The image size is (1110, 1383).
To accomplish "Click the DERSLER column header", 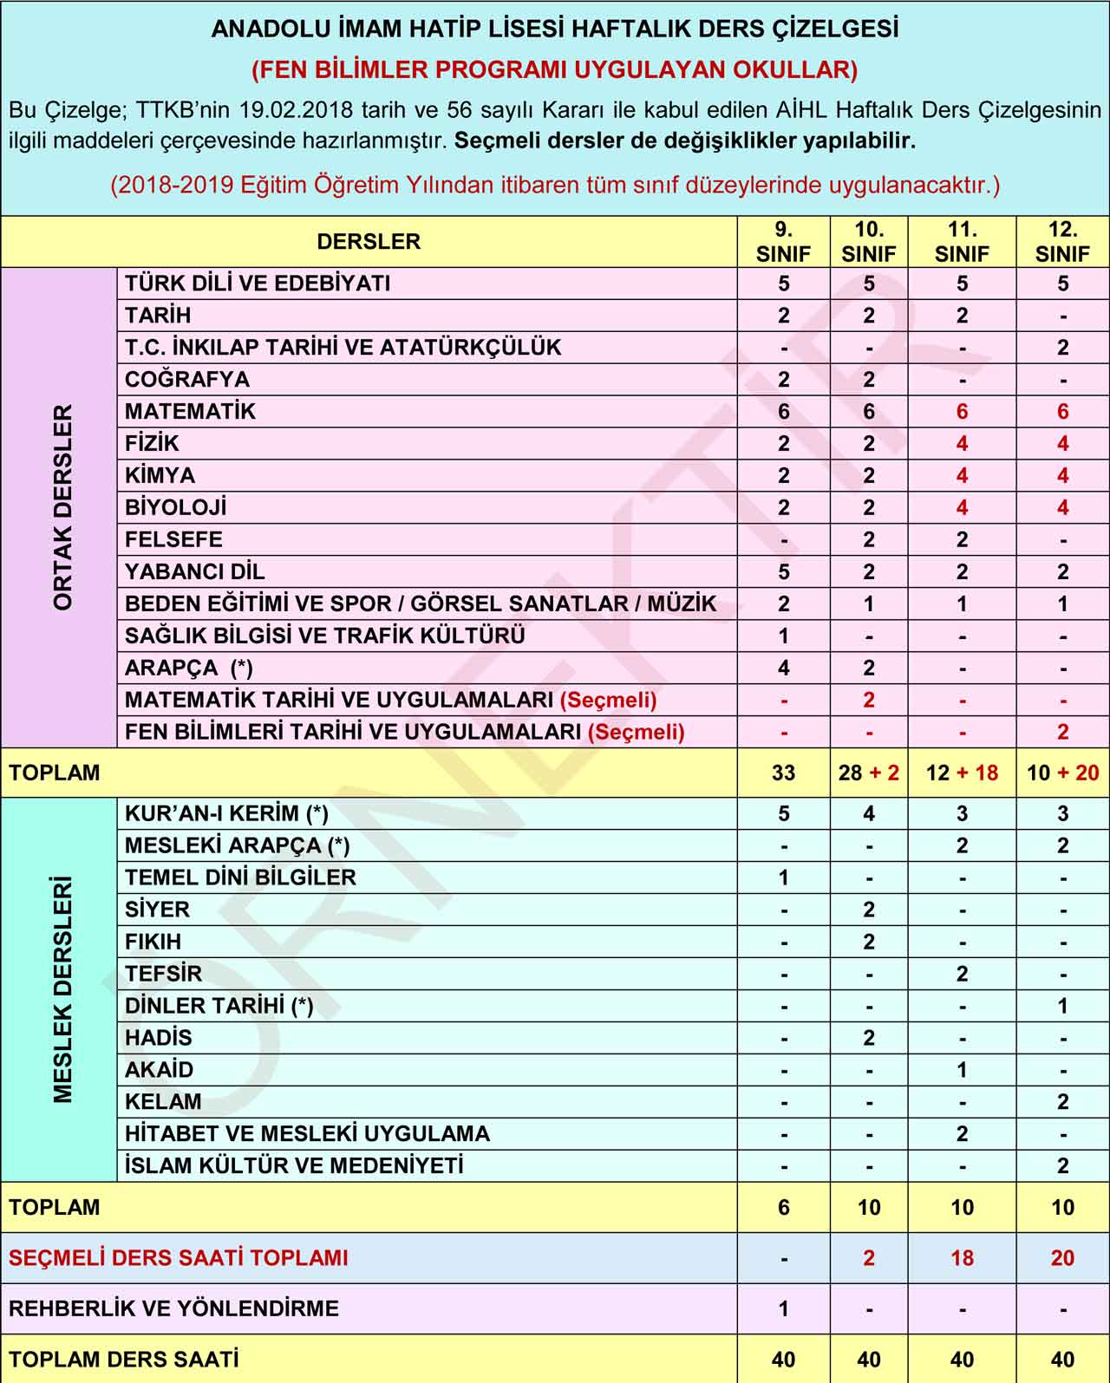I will coord(369,242).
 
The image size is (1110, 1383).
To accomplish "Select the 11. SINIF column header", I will coord(962,242).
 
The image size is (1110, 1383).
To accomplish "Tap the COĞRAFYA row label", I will coord(187,380).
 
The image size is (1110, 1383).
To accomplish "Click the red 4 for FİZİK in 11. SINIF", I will coord(962,444).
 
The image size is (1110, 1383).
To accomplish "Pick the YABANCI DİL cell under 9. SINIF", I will coord(783,572).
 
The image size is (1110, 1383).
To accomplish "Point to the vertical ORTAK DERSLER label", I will coord(62,507).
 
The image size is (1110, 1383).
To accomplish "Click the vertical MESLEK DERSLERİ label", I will coord(62,989).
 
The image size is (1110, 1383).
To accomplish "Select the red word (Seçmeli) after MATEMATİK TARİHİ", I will coord(609,701).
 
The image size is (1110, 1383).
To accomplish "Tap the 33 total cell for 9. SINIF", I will coord(783,773).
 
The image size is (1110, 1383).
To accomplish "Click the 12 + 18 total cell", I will coord(962,773).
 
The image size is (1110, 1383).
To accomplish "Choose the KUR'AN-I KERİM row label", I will coord(226,813).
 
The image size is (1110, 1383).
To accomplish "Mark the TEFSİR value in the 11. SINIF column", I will coord(962,974).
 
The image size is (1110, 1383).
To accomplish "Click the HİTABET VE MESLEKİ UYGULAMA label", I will coord(307,1134).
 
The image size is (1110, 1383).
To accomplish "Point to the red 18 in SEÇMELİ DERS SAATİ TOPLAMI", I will coord(962,1258).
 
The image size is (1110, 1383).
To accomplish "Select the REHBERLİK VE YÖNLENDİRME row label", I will coord(173,1308).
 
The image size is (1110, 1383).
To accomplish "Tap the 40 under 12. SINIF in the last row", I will coord(1062,1360).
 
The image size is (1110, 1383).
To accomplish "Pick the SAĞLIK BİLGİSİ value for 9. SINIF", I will coord(783,636).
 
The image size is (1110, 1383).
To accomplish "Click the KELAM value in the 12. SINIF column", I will coord(1062,1102).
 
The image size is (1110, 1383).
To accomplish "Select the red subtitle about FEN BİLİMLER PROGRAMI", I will coord(555,69).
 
